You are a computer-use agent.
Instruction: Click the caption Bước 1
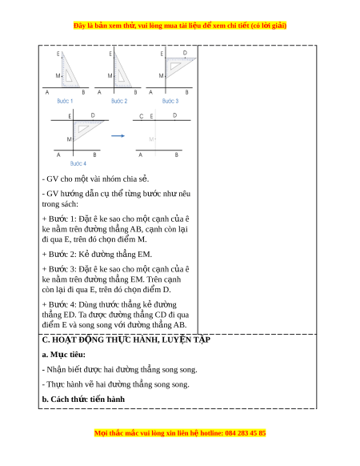[65, 101]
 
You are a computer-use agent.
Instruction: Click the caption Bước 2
[119, 101]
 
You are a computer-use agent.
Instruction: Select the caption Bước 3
[170, 101]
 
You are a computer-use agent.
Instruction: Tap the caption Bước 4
[78, 163]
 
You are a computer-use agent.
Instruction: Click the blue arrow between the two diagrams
[118, 136]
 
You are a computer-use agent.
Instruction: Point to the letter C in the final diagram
[142, 116]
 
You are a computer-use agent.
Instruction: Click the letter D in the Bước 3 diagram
[185, 53]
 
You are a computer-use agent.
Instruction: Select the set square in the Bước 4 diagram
[87, 128]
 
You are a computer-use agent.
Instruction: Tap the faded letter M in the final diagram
[151, 139]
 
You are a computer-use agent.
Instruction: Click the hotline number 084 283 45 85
[246, 433]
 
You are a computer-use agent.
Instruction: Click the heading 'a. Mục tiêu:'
[63, 355]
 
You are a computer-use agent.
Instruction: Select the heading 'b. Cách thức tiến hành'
[83, 399]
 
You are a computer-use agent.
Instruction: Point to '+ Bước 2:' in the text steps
[59, 255]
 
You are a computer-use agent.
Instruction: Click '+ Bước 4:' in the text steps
[59, 304]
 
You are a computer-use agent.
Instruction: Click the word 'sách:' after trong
[69, 204]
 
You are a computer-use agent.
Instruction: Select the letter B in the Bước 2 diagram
[136, 92]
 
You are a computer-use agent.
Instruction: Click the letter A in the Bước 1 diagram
[47, 92]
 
